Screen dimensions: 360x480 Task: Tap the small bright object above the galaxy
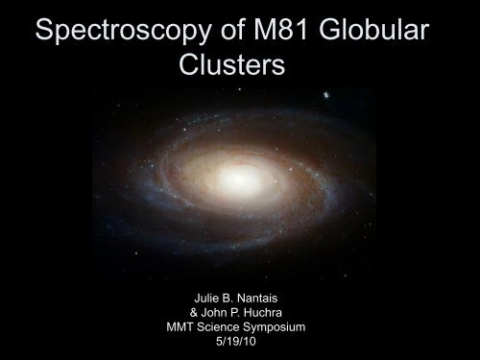(x=328, y=95)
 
